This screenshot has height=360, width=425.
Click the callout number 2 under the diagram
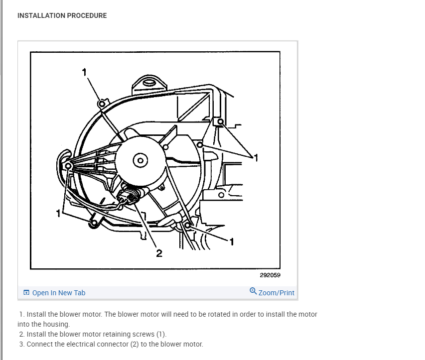click(159, 254)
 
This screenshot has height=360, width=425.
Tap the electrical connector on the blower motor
click(131, 196)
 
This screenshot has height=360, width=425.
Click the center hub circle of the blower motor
click(141, 160)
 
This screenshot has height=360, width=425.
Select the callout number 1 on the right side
click(257, 158)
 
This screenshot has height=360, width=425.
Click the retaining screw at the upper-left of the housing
click(101, 104)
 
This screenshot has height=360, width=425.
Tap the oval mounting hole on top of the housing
click(148, 82)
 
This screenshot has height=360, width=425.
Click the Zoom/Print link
click(277, 293)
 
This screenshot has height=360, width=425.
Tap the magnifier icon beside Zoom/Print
click(253, 291)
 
